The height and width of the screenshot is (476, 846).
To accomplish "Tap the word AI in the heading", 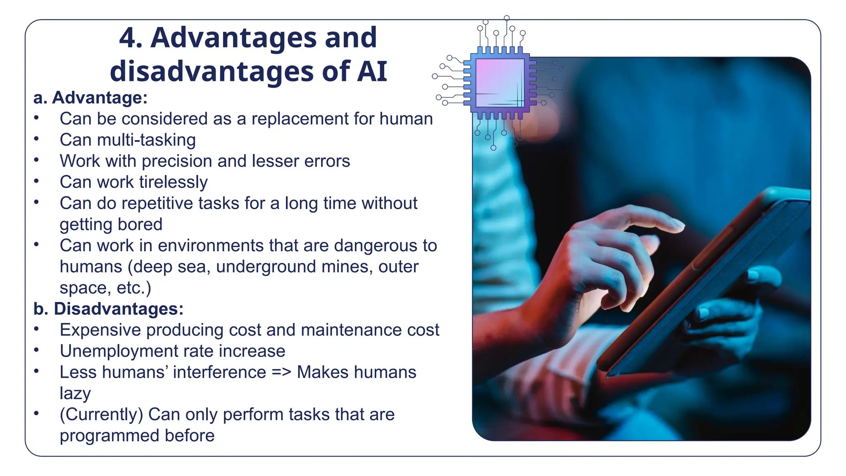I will coord(372,71).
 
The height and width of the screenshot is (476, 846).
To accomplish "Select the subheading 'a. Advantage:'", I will coord(90,98).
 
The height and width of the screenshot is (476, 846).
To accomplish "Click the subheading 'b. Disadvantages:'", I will coord(108,309).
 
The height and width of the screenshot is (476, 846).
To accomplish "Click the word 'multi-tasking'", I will coord(146,140).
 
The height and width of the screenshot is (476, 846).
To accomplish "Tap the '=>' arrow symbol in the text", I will coord(281,372).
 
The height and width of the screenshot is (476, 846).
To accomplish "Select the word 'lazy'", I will coord(75,393).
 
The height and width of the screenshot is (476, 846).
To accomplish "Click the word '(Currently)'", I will coord(101,414).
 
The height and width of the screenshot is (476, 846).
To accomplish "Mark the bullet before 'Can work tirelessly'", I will coord(37,181).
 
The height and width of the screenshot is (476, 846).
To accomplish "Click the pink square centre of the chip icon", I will coord(499,83).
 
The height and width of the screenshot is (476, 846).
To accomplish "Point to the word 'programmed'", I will coord(109,436).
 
